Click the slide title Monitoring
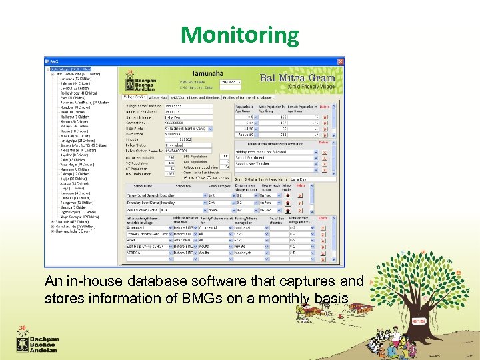click(x=240, y=35)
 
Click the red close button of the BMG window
click(x=341, y=61)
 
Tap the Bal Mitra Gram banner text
click(x=297, y=78)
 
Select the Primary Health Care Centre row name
click(x=149, y=234)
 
